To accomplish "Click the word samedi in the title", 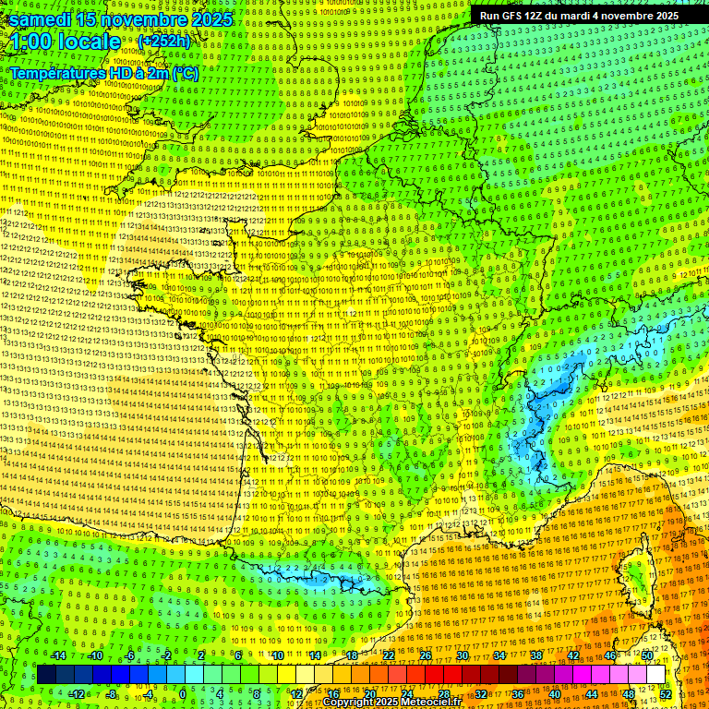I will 44,19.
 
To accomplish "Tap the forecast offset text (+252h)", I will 163,42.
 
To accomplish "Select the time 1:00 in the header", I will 31,42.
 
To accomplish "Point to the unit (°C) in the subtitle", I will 185,72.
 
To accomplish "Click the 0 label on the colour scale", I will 183,693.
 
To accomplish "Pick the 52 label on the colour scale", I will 666,693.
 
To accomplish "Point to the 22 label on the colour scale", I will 389,655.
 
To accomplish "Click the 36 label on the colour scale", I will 518,693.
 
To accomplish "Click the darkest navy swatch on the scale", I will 46,675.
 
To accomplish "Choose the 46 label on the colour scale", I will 610,655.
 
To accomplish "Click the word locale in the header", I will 89,42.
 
